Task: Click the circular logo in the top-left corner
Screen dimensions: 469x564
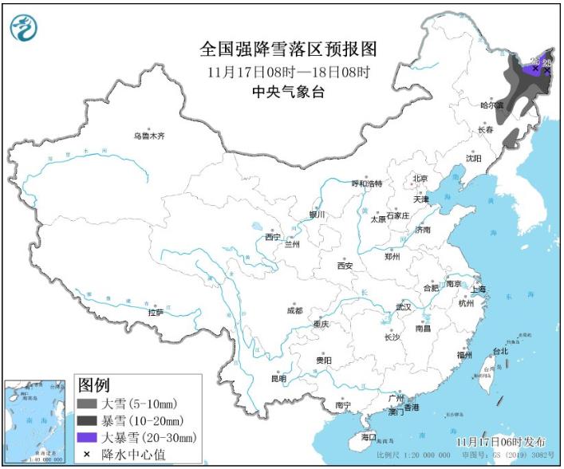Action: pos(25,29)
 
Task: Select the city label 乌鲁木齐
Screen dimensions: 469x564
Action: pos(149,136)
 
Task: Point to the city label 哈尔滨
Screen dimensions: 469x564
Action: pos(491,105)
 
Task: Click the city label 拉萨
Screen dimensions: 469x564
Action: pos(156,312)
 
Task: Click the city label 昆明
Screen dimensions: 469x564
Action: pos(278,378)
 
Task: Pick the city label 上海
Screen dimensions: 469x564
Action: pos(479,289)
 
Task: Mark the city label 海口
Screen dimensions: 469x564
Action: pos(368,438)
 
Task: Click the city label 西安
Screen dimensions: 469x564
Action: pos(345,266)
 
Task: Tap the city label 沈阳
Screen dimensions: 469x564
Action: pos(475,158)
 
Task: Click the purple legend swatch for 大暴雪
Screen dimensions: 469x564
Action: pos(86,437)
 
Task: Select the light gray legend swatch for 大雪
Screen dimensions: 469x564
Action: pos(86,404)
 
